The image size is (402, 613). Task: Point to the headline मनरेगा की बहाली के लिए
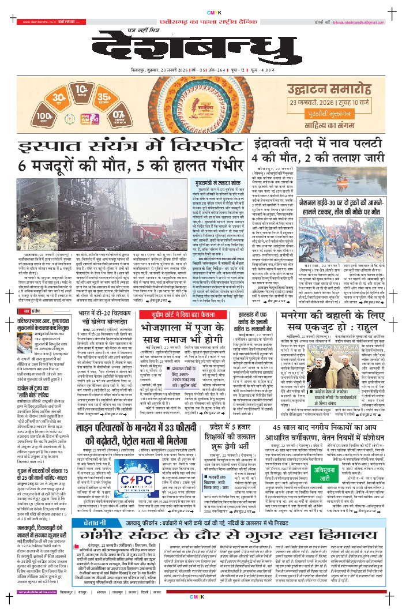pyautogui.click(x=336, y=304)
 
